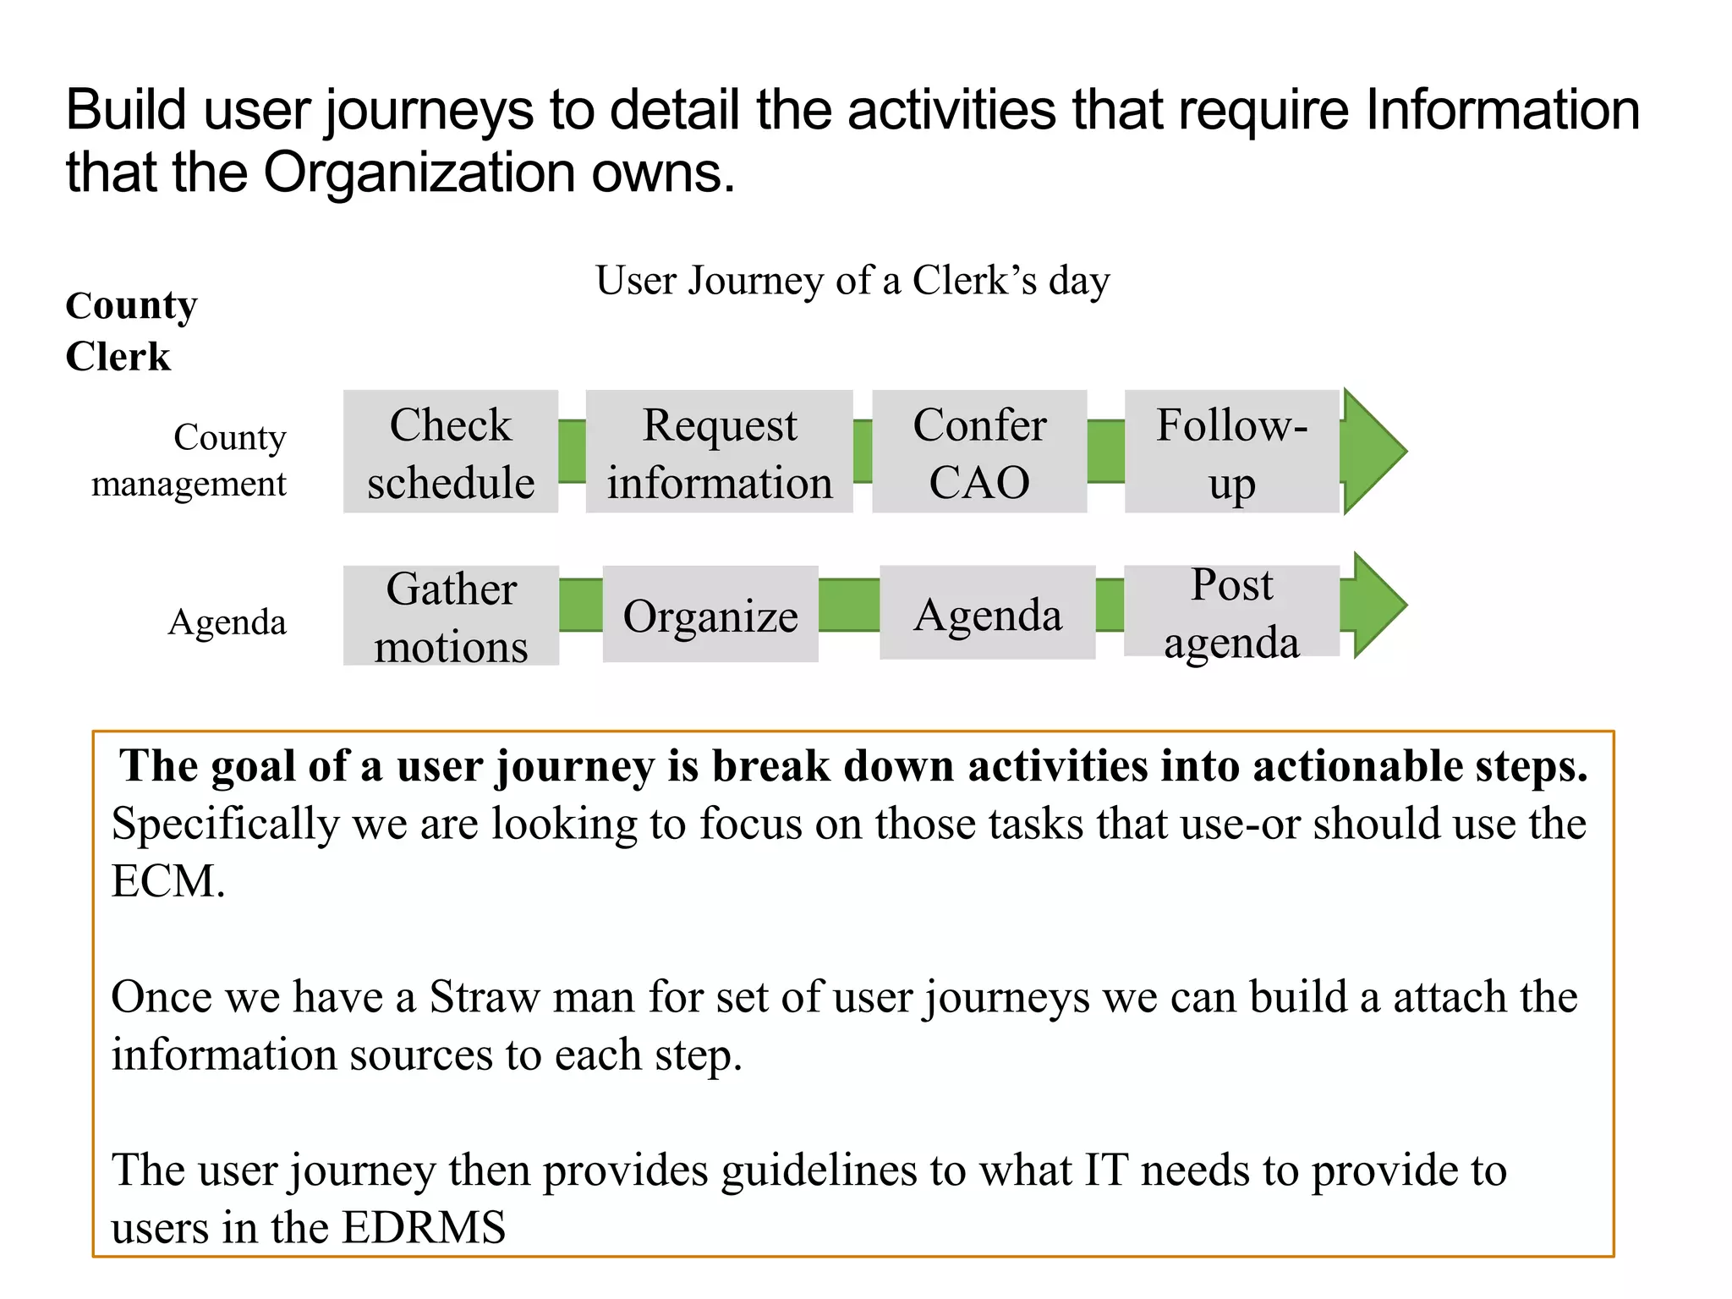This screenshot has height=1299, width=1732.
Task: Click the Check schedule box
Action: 450,452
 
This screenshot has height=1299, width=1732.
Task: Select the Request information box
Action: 719,452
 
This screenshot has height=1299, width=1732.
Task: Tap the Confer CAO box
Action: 979,452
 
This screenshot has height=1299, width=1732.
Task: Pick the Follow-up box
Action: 1231,452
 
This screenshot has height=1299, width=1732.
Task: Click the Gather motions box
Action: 451,616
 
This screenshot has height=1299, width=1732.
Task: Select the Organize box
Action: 710,615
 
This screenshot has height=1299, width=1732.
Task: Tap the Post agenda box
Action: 1231,611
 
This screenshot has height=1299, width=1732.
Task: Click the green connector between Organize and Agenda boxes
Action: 849,606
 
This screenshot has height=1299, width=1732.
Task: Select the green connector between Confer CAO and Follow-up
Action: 1105,452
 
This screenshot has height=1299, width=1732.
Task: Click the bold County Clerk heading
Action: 130,331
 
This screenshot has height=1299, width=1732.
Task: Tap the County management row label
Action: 189,460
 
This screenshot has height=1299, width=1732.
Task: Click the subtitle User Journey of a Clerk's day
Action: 852,281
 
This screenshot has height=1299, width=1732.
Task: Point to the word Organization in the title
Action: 419,173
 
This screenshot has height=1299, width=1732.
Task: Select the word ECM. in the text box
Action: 168,881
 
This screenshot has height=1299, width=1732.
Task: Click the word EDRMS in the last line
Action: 424,1227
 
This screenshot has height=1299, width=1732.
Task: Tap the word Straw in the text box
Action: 484,996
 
